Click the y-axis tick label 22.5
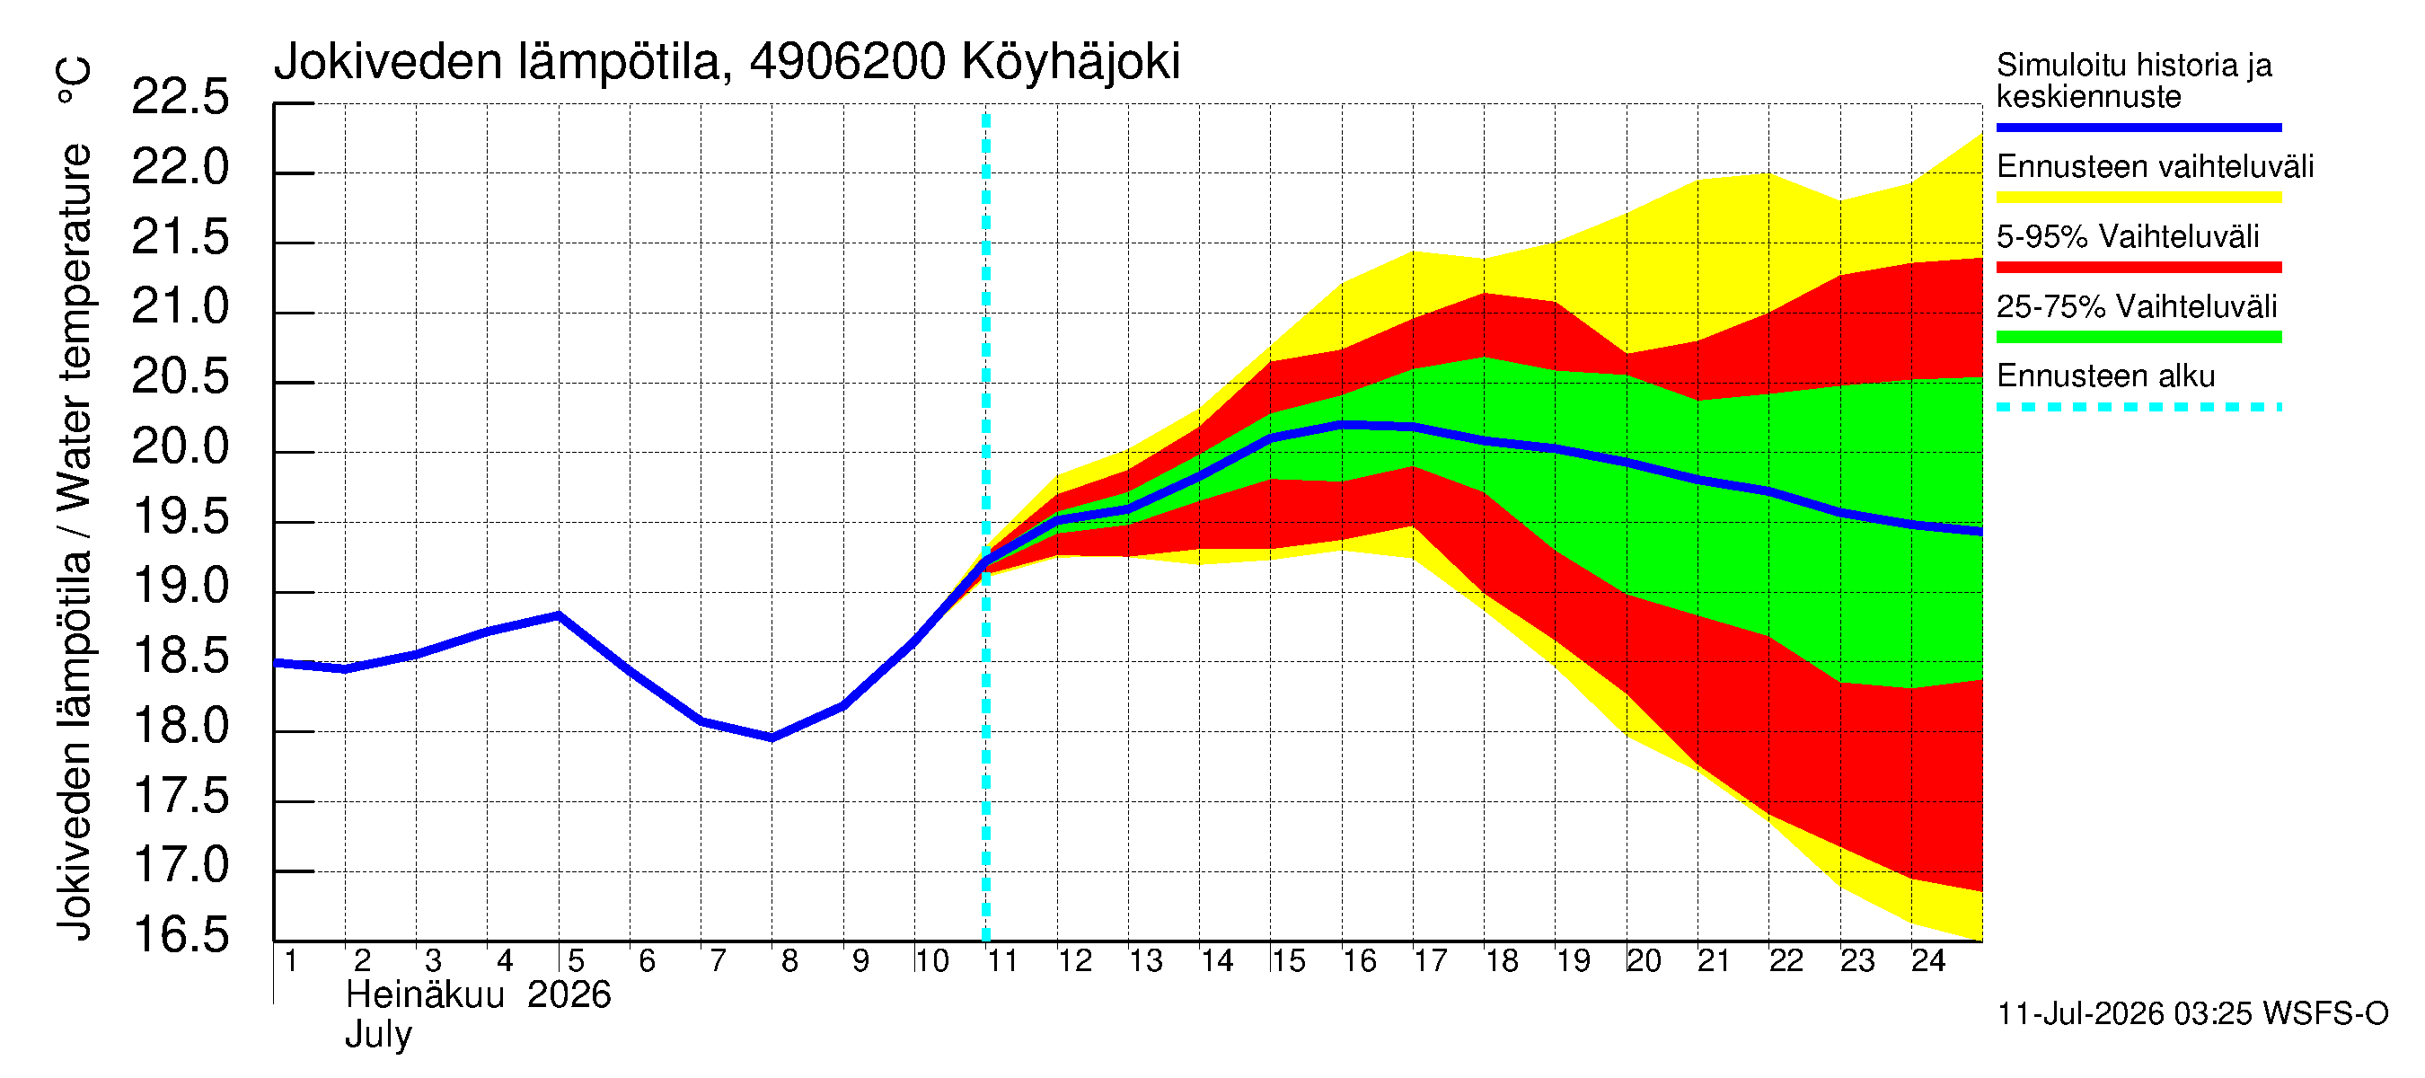180,97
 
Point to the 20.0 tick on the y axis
180,446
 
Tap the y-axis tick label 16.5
180,935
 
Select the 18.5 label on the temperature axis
180,656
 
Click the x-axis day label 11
1002,961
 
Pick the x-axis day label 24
1928,961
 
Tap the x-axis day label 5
576,961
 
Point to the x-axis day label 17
1430,961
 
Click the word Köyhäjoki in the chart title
1071,63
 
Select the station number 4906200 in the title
847,62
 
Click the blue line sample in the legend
2138,127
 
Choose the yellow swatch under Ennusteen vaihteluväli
2138,197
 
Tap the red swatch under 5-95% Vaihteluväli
2138,268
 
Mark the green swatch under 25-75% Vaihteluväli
2138,337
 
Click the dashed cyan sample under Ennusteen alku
2138,407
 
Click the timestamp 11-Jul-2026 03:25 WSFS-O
2192,1014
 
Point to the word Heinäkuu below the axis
426,995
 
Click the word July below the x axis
378,1036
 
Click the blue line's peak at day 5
560,614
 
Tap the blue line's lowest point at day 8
772,738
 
